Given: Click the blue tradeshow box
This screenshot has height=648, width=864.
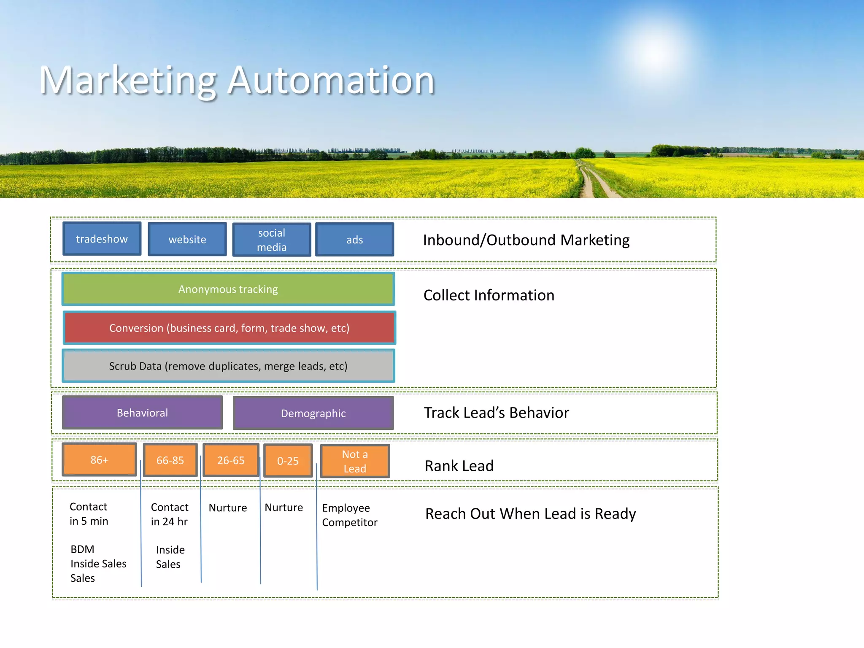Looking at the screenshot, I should [102, 239].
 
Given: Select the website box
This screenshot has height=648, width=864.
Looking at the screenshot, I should [187, 240].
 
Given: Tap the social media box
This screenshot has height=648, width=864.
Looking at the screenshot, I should [272, 240].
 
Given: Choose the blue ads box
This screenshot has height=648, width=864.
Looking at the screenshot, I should [354, 240].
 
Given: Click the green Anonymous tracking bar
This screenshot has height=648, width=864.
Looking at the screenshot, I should [228, 289].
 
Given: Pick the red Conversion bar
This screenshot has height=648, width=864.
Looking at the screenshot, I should [229, 328].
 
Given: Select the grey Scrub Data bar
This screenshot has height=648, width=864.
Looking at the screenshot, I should [228, 366].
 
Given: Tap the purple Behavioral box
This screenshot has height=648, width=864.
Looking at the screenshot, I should [142, 413].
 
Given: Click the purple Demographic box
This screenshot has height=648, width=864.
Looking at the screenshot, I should [313, 413].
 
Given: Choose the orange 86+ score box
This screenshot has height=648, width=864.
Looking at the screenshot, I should [99, 459].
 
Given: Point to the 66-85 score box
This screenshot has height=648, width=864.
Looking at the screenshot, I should [170, 460].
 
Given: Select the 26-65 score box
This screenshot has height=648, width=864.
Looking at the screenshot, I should [231, 460].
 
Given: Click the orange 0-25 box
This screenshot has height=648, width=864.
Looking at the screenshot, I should [288, 461].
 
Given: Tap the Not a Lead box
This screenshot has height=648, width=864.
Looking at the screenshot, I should [355, 461].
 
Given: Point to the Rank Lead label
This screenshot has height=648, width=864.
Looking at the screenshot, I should [459, 466].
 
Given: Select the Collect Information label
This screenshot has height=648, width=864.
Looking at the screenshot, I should [489, 295].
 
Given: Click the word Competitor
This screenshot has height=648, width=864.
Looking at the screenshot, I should [350, 522].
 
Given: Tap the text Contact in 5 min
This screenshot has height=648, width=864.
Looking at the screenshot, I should [89, 513].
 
